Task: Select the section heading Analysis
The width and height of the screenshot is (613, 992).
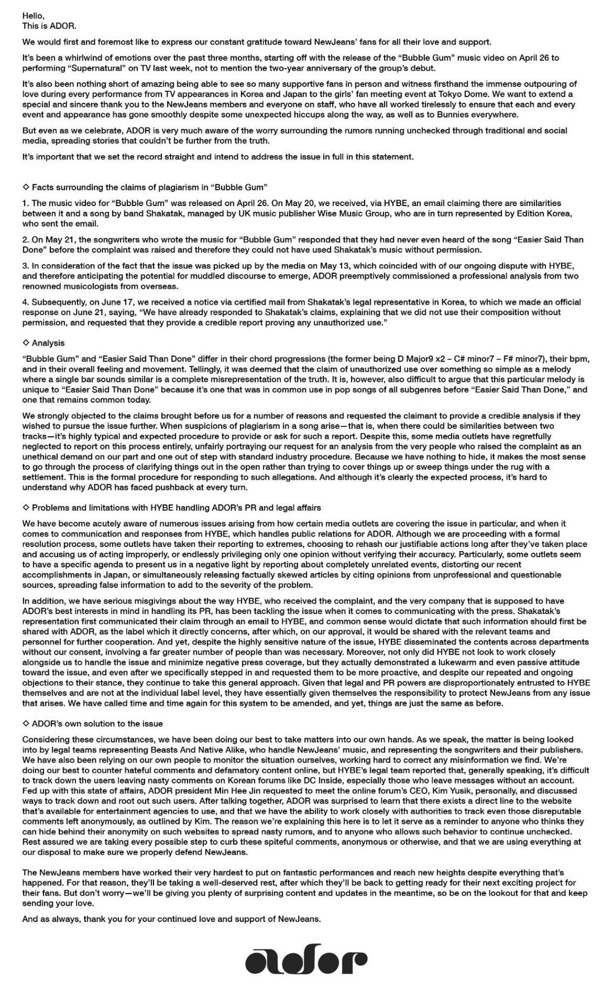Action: pos(48,343)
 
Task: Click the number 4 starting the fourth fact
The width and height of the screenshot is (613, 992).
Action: pos(25,302)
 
